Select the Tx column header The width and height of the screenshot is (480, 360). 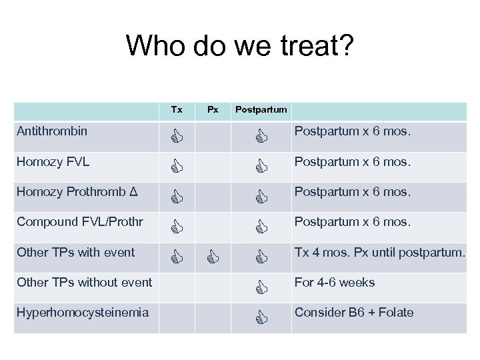click(177, 109)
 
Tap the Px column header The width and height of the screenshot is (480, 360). click(212, 109)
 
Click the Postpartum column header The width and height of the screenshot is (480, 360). click(261, 109)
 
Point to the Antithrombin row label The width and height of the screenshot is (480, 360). click(52, 131)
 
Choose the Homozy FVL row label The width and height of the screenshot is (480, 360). click(53, 161)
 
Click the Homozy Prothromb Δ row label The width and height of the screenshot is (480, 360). click(77, 192)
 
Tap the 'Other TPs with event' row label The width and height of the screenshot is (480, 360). click(76, 252)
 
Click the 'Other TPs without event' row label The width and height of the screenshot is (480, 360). click(84, 282)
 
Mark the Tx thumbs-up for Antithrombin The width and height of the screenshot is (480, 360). click(177, 138)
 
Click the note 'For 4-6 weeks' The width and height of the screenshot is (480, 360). click(335, 282)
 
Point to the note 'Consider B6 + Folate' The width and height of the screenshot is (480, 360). click(354, 312)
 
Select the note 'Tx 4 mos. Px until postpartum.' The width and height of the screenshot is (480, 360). click(379, 252)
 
